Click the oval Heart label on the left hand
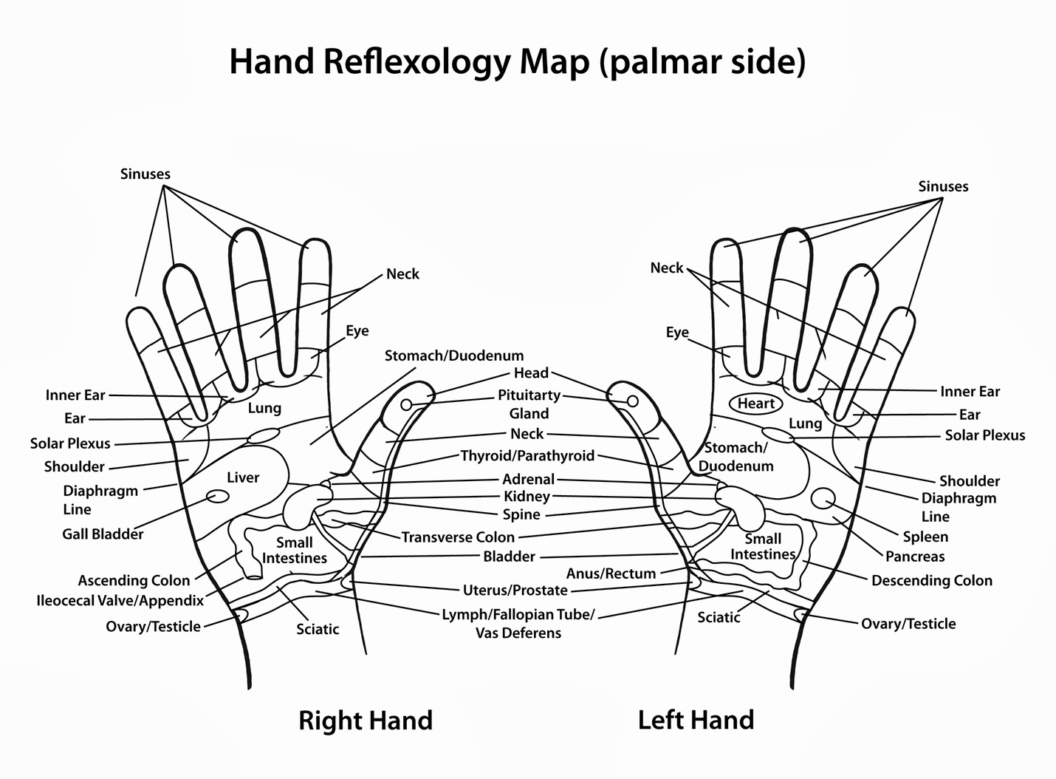pyautogui.click(x=755, y=404)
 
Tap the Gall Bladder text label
pyautogui.click(x=103, y=534)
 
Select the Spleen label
pyautogui.click(x=925, y=537)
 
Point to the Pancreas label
pyautogui.click(x=915, y=557)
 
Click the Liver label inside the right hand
pyautogui.click(x=243, y=477)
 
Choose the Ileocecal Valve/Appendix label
pyautogui.click(x=120, y=600)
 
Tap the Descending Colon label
pyautogui.click(x=932, y=580)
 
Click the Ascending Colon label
pyautogui.click(x=134, y=580)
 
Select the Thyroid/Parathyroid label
pyautogui.click(x=527, y=455)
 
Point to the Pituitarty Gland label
pyautogui.click(x=529, y=404)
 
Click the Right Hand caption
pyautogui.click(x=365, y=720)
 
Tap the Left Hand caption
pyautogui.click(x=696, y=719)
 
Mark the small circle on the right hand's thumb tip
pyautogui.click(x=406, y=405)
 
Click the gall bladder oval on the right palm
pyautogui.click(x=217, y=496)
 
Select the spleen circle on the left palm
pyautogui.click(x=823, y=499)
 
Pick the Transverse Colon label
pyautogui.click(x=458, y=537)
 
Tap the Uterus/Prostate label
pyautogui.click(x=515, y=590)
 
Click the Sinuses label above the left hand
pyautogui.click(x=943, y=186)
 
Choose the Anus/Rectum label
pyautogui.click(x=611, y=573)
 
